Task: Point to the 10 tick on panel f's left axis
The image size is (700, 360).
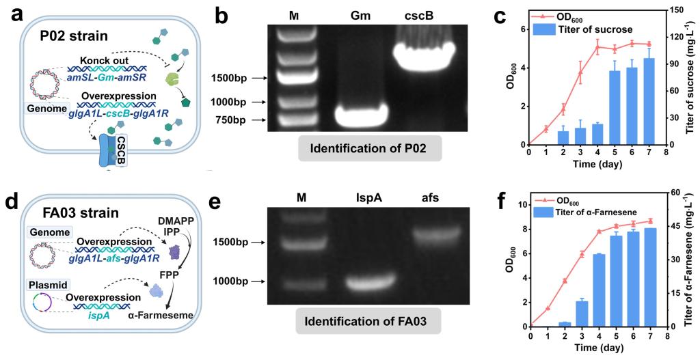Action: [x=521, y=204]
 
